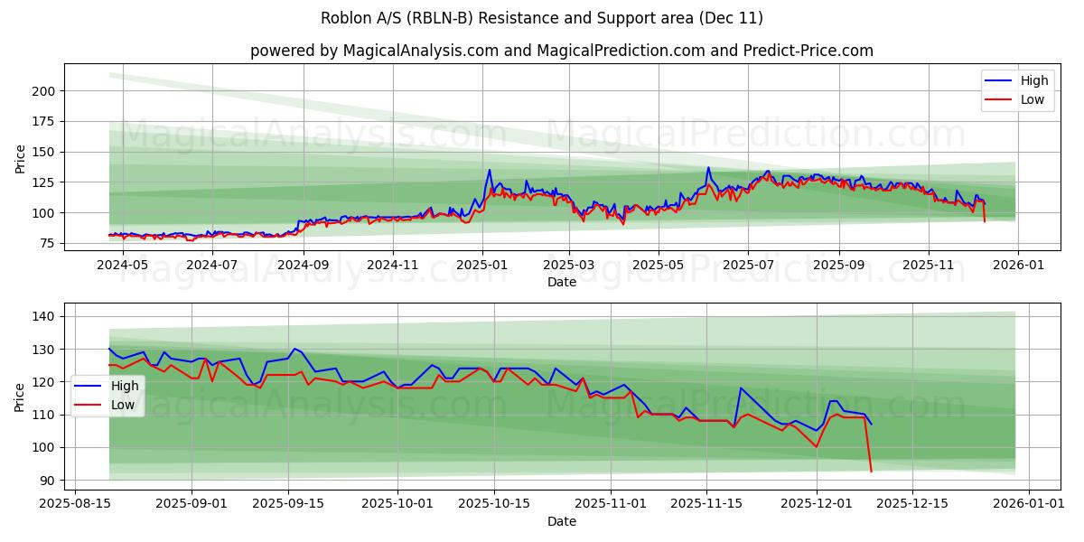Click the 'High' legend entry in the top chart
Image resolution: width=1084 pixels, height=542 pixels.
pyautogui.click(x=1033, y=81)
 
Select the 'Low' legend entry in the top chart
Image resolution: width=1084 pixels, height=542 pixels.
pyautogui.click(x=1033, y=99)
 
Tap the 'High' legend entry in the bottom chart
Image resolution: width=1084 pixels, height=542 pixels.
pyautogui.click(x=123, y=386)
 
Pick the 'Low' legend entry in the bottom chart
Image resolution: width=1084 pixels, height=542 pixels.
pyautogui.click(x=122, y=405)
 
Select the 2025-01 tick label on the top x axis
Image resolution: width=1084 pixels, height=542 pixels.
pyautogui.click(x=481, y=265)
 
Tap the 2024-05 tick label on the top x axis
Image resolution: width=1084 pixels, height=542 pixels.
pyautogui.click(x=122, y=265)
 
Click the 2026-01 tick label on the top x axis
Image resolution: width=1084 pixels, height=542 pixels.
pyautogui.click(x=1018, y=265)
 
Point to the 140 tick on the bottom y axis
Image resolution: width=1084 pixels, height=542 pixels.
pyautogui.click(x=44, y=317)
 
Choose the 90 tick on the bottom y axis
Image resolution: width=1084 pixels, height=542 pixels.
pyautogui.click(x=48, y=481)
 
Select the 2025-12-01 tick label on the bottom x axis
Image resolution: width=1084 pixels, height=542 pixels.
pyautogui.click(x=817, y=504)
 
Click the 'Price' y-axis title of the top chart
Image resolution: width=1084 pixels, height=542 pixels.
pyautogui.click(x=20, y=158)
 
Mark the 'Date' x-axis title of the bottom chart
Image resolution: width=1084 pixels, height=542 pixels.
pyautogui.click(x=562, y=521)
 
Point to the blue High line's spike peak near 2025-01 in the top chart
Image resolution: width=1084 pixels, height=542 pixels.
pyautogui.click(x=490, y=170)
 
